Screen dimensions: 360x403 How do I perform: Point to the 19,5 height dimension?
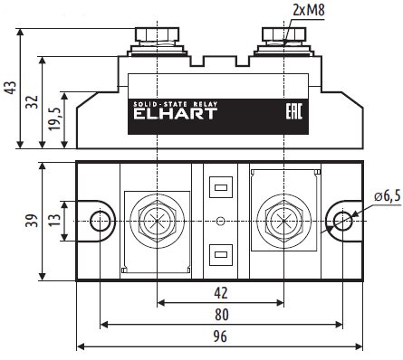point(53,118)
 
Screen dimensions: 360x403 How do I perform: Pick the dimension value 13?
point(53,221)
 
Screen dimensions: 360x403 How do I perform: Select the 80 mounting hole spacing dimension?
point(220,315)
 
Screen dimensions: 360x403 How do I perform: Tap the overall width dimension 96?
point(220,336)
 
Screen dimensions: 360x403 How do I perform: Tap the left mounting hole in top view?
point(101,221)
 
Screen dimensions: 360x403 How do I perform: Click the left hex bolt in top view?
point(158,221)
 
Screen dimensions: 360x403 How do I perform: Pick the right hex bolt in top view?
point(284,221)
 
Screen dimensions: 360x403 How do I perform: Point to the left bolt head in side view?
point(158,36)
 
